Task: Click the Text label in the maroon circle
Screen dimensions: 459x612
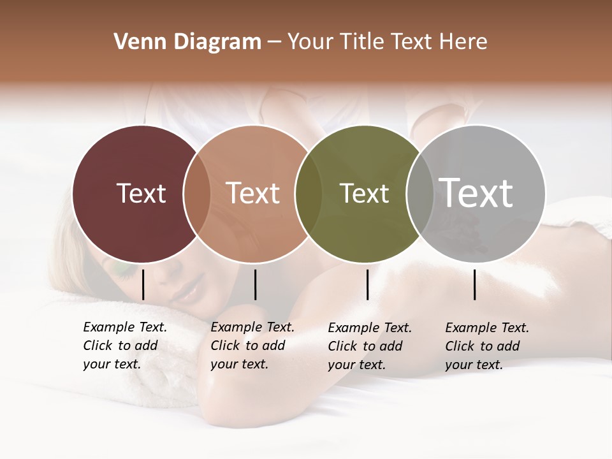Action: pos(141,193)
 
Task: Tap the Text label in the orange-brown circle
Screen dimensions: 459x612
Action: pos(253,193)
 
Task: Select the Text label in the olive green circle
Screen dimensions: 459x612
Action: pos(364,193)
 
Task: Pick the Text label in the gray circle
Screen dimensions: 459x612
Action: pos(476,193)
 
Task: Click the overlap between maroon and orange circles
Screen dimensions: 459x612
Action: pos(197,194)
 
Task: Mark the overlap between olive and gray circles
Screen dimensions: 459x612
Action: pos(419,194)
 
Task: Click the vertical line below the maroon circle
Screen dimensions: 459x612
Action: pos(143,284)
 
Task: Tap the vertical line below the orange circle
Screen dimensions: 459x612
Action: pos(255,284)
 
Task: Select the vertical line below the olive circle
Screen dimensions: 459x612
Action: pos(367,284)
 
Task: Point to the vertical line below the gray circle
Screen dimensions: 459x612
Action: pos(475,284)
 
